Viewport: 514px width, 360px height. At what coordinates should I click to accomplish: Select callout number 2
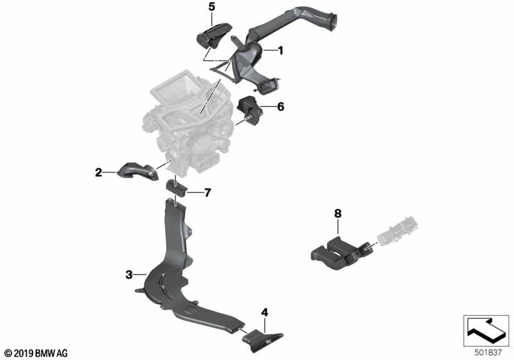click(98, 172)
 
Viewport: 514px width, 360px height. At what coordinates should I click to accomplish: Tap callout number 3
click(128, 274)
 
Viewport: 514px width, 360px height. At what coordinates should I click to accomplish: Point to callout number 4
click(264, 313)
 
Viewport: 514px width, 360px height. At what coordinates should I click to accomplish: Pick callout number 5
click(212, 7)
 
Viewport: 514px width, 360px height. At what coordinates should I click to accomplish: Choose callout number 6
click(280, 107)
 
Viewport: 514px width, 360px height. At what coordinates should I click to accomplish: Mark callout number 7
click(208, 192)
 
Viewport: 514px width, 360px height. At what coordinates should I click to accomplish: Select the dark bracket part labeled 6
click(248, 109)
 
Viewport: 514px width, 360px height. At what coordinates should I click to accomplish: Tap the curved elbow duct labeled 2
click(137, 173)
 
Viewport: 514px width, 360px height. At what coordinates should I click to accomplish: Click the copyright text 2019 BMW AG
click(35, 353)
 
